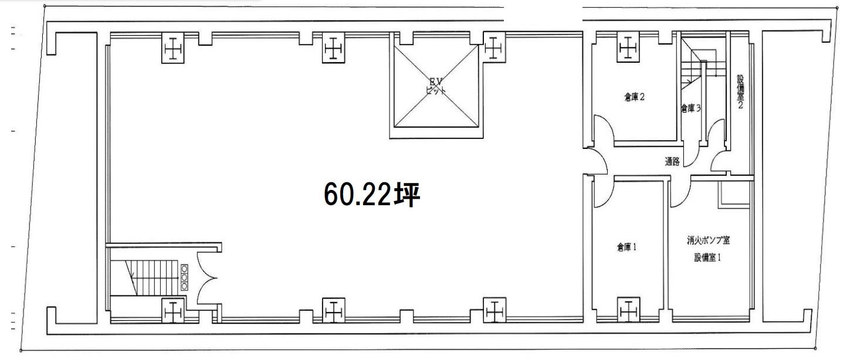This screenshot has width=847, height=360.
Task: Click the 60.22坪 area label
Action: pyautogui.click(x=372, y=195)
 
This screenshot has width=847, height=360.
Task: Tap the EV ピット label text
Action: pyautogui.click(x=436, y=87)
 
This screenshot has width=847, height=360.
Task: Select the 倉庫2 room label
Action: pyautogui.click(x=635, y=98)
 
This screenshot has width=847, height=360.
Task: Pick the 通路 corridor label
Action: pyautogui.click(x=672, y=162)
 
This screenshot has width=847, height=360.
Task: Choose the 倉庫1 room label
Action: pyautogui.click(x=626, y=247)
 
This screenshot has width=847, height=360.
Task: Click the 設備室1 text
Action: pyautogui.click(x=708, y=257)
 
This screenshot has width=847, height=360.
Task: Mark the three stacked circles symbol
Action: pyautogui.click(x=184, y=277)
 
